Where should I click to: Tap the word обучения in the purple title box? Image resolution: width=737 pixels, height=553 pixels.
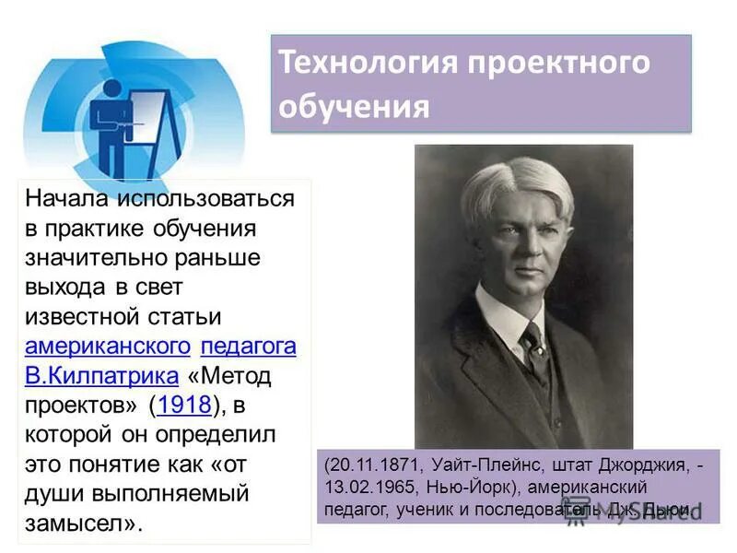pyautogui.click(x=355, y=106)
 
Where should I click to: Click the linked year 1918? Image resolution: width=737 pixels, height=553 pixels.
pyautogui.click(x=184, y=405)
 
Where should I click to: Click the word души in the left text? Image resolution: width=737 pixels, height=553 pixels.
pyautogui.click(x=52, y=493)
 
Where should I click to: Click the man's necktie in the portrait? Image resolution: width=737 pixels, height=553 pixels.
pyautogui.click(x=535, y=346)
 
